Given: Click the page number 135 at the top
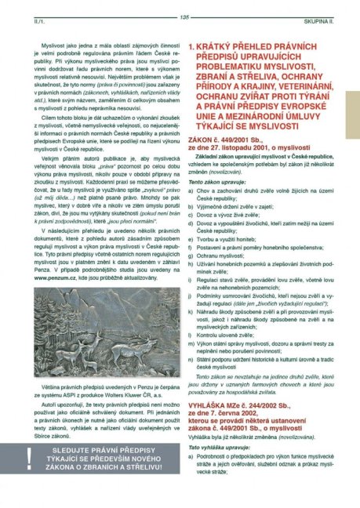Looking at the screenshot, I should coord(184,18).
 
